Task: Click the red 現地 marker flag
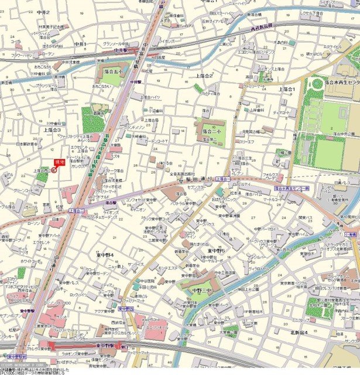coord(58,162)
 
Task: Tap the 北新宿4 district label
coord(299,332)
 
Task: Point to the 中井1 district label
coord(80,44)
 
